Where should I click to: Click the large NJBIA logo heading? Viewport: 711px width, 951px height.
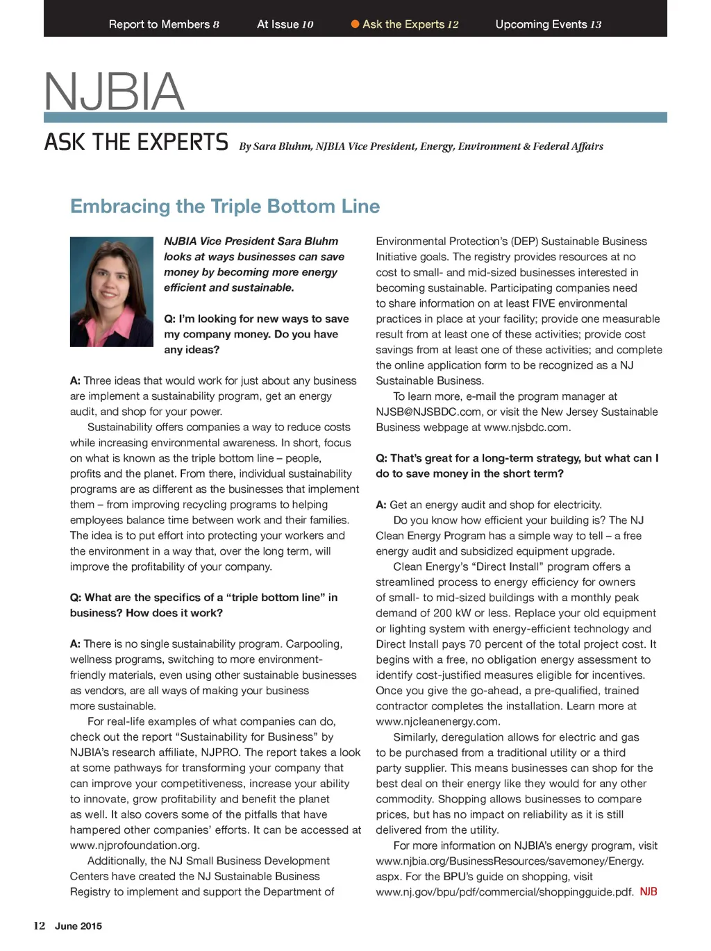point(114,92)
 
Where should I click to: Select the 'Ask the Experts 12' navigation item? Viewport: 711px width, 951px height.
point(410,24)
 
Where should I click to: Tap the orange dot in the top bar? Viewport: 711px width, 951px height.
point(355,24)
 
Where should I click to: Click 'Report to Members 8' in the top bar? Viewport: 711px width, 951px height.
point(164,24)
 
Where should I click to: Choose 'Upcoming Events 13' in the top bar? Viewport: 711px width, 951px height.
point(548,24)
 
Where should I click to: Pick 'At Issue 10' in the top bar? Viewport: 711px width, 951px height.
point(285,24)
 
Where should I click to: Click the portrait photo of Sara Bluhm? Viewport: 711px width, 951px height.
point(111,292)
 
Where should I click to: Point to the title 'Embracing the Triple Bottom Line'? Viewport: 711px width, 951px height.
point(225,206)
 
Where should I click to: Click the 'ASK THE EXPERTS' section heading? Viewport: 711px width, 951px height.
point(136,142)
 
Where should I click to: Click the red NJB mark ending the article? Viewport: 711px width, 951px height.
point(649,891)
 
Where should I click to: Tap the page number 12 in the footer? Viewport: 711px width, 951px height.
point(40,925)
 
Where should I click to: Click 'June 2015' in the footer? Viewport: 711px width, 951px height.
point(78,926)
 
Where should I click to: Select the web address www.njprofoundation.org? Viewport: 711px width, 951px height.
point(135,845)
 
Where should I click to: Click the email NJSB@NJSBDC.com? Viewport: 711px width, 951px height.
point(428,412)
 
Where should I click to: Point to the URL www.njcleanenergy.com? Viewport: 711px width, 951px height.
point(438,721)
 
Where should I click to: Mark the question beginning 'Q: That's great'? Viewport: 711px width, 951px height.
point(517,466)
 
